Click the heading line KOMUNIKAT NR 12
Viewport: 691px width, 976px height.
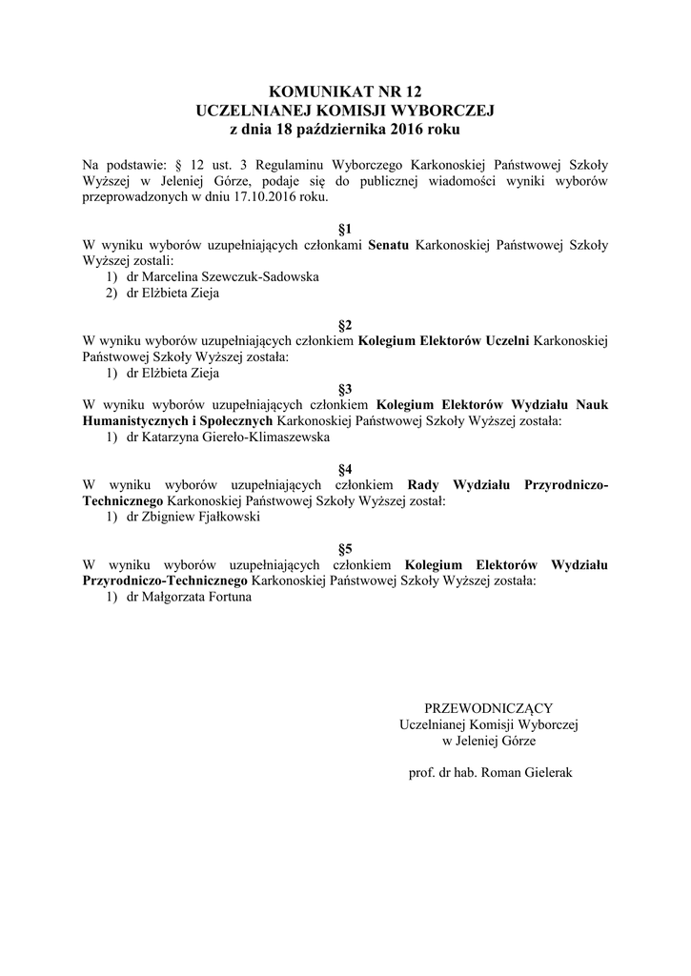(344, 92)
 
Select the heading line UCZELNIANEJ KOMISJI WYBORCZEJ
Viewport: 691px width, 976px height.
(345, 111)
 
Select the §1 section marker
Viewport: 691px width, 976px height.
(345, 229)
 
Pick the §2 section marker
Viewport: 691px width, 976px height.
(345, 324)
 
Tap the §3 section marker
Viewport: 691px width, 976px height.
(345, 389)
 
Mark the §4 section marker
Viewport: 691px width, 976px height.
(345, 468)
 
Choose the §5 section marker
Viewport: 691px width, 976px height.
(345, 548)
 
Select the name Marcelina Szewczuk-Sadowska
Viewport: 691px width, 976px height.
(217, 277)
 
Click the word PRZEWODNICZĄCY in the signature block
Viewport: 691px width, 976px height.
(488, 707)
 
